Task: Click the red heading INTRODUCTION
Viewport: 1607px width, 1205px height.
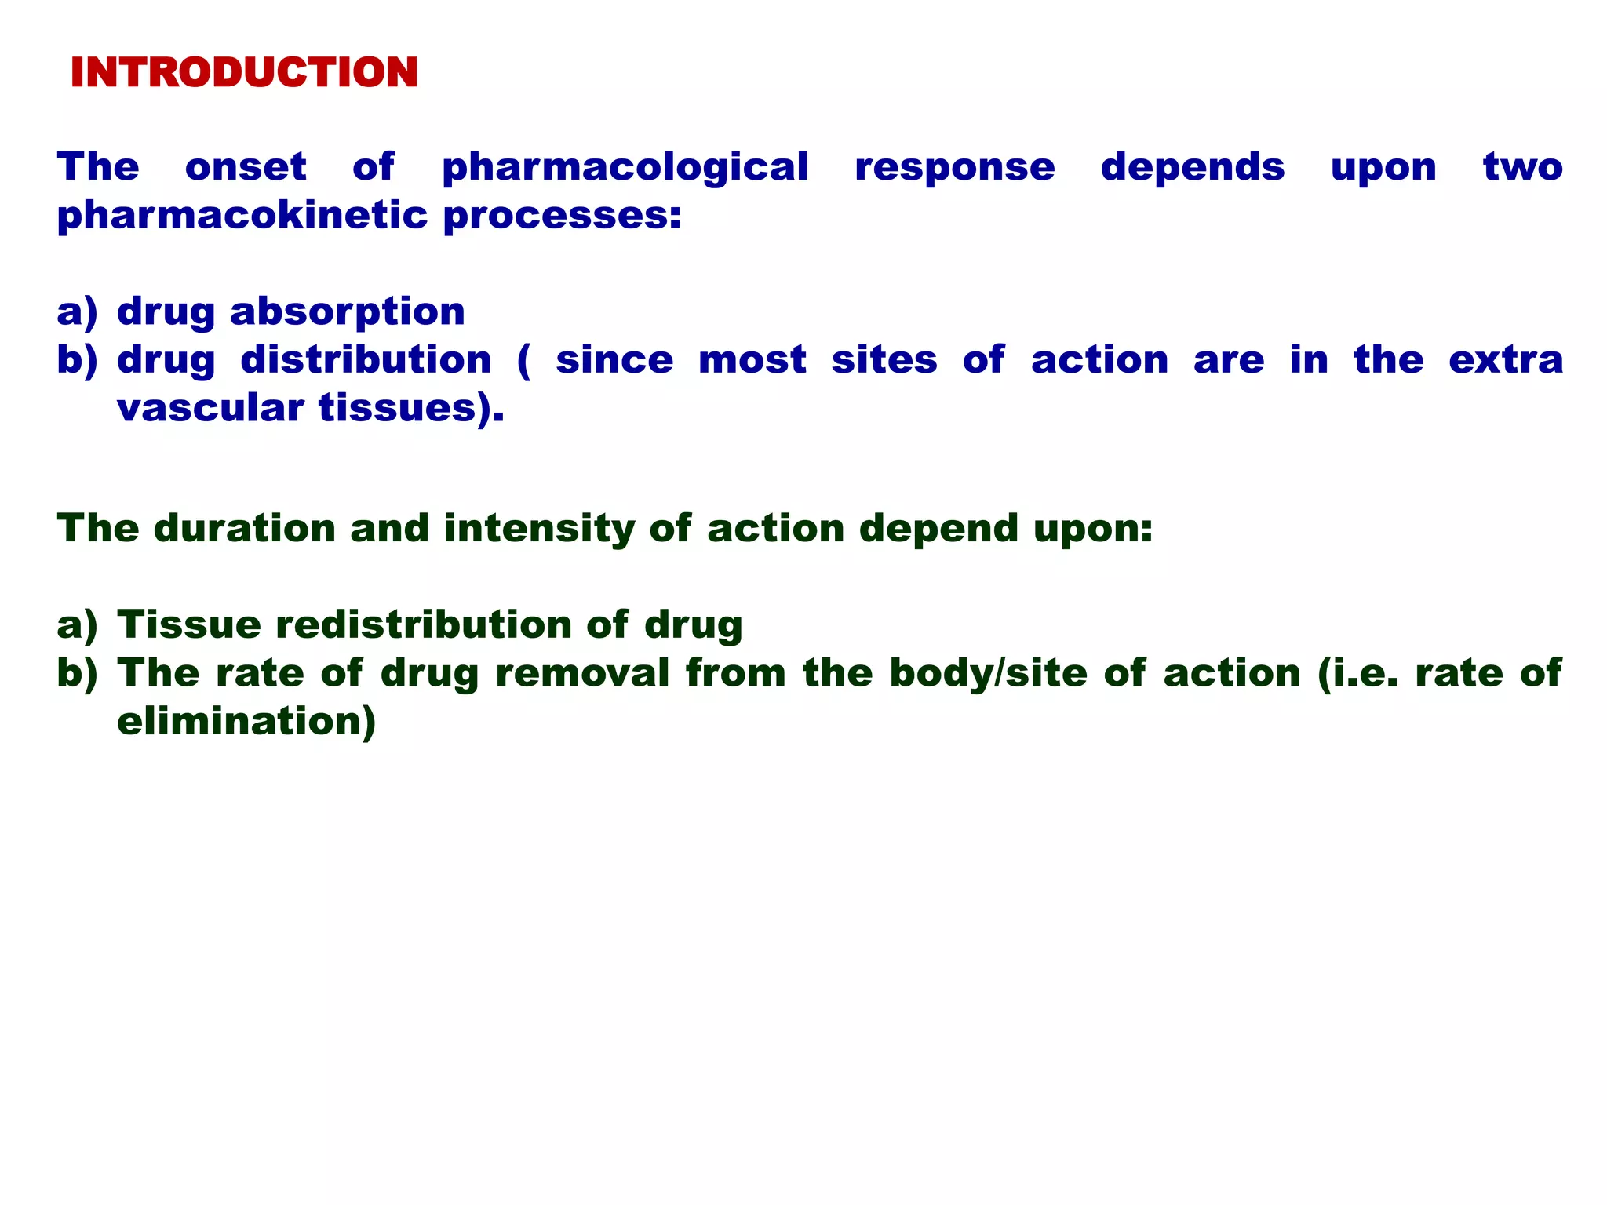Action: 244,73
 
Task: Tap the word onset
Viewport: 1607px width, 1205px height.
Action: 246,167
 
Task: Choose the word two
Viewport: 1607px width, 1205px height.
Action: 1522,167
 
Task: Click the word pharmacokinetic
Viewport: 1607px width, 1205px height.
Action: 242,216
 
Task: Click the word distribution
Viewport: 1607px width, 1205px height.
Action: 366,360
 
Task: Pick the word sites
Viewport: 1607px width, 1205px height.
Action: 884,360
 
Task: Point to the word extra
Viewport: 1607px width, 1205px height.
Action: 1505,360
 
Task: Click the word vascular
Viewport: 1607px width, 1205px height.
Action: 210,409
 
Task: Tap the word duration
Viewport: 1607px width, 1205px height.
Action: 245,528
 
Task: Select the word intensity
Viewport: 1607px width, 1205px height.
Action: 539,530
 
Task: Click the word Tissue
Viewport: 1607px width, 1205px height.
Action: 189,625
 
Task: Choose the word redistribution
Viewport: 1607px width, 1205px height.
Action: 424,625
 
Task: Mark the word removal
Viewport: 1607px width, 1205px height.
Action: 582,673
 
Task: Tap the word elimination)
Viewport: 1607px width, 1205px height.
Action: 246,722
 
